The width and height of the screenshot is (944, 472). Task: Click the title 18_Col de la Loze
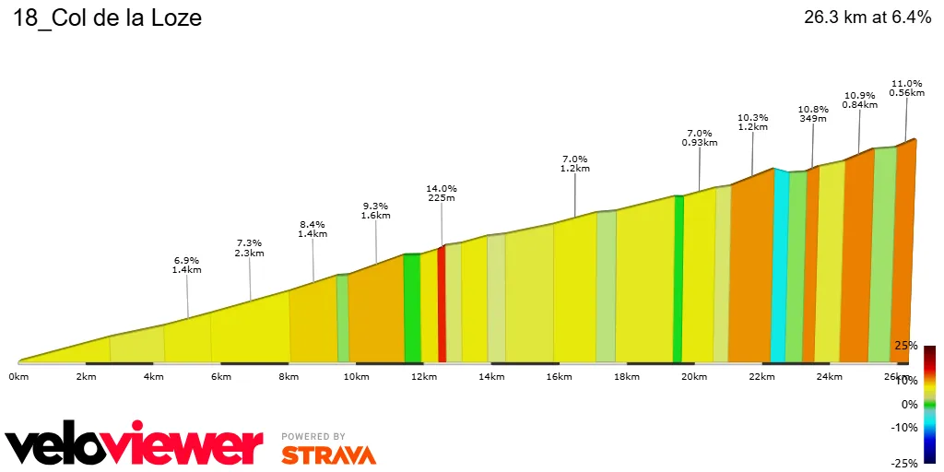pos(107,18)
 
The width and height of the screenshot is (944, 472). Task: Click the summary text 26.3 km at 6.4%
pos(867,18)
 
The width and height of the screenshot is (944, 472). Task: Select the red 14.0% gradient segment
pos(442,304)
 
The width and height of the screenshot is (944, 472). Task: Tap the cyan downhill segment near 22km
pos(779,267)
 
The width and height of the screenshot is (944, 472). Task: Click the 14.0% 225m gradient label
pos(442,193)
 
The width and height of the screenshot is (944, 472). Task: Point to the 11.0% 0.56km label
pos(906,88)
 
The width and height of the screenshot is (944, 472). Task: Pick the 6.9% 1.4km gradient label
pos(187,265)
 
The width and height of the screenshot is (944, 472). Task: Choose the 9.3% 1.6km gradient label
pos(375,211)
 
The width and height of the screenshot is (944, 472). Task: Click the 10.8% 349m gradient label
pos(812,113)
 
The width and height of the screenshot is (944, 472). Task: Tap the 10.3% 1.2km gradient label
pos(753,123)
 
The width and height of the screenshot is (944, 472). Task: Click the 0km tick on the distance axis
pos(18,377)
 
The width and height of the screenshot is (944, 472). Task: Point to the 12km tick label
pos(424,377)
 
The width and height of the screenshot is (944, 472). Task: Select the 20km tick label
pos(694,377)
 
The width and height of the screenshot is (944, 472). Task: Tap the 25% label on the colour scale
pos(906,346)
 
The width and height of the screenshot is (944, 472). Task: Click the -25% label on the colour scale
pos(904,463)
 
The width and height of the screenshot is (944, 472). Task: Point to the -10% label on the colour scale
pos(904,427)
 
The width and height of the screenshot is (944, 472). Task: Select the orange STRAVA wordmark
pos(328,455)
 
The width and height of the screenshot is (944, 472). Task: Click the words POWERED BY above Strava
pos(313,436)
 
